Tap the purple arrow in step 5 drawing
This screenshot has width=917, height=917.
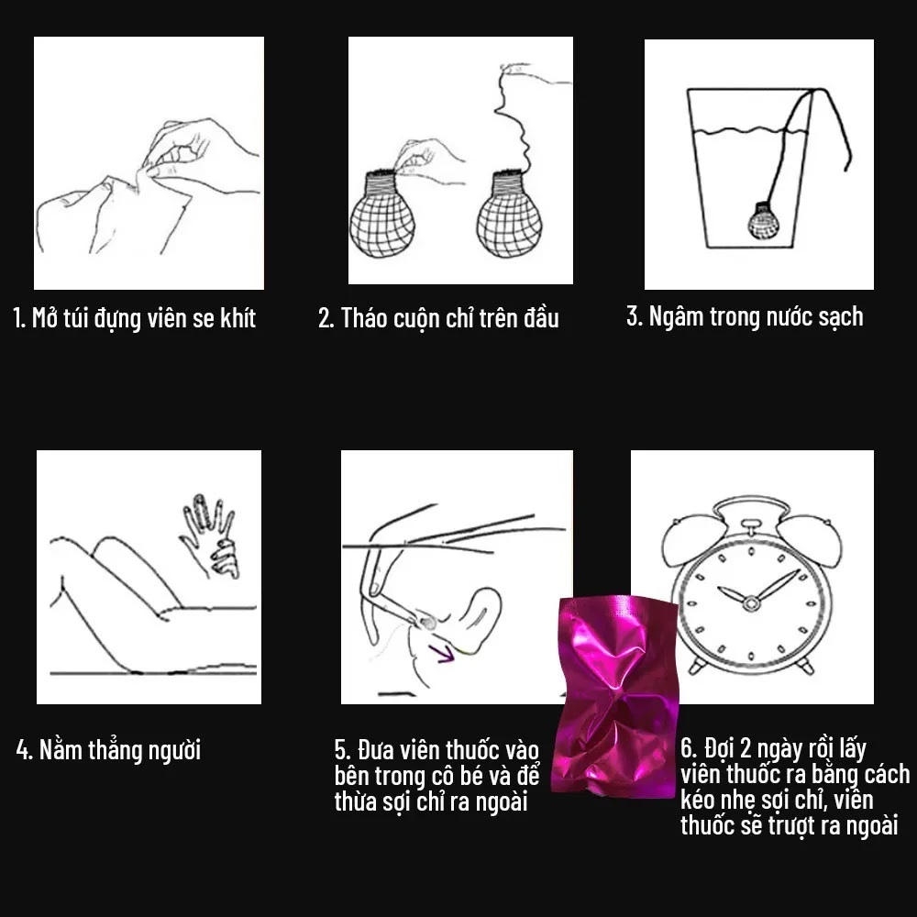(x=442, y=653)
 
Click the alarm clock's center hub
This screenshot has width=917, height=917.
(x=750, y=602)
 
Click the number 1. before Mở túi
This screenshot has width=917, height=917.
(x=19, y=318)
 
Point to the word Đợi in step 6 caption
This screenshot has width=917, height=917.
(x=719, y=748)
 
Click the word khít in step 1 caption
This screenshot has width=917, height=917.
(x=238, y=318)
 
